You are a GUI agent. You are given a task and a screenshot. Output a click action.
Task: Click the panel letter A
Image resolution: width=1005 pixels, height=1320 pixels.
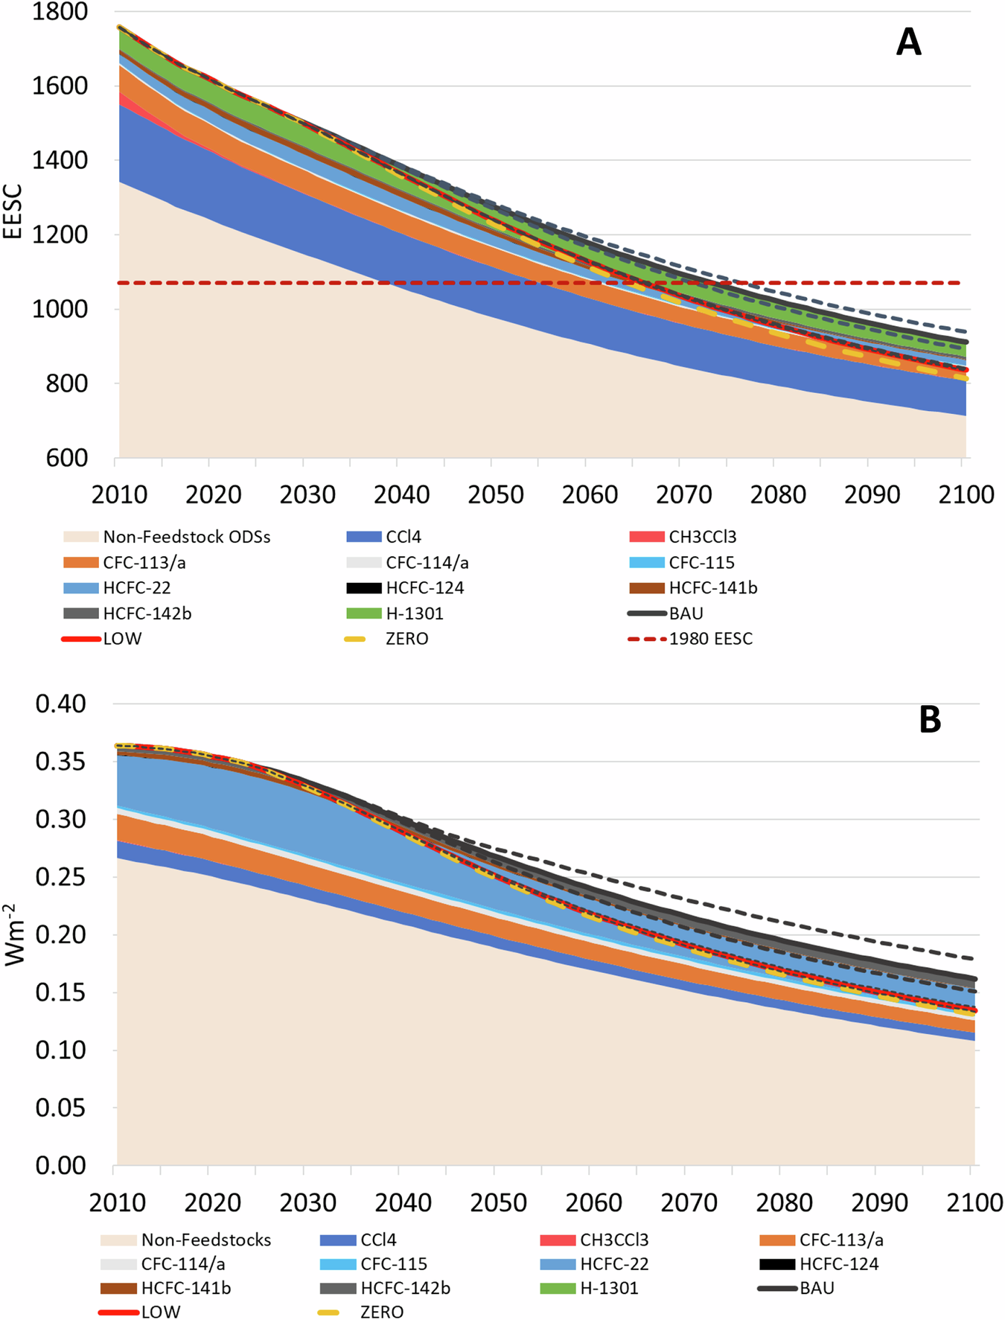pos(908,43)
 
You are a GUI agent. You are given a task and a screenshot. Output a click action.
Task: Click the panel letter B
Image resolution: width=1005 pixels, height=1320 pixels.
pos(930,720)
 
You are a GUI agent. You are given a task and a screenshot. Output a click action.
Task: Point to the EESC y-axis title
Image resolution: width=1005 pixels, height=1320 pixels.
pos(13,212)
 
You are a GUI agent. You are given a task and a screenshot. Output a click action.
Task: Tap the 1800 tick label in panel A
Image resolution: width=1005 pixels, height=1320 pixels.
pos(60,12)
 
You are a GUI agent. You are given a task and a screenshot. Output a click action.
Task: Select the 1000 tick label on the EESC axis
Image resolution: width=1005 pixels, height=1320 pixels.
pos(60,309)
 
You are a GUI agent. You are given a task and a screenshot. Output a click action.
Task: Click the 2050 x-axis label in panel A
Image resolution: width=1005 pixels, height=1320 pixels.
pos(496,495)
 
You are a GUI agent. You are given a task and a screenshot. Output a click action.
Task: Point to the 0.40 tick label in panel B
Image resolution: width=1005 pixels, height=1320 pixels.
pos(60,704)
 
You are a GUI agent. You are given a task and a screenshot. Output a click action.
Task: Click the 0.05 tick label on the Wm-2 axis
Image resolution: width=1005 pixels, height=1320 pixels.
pos(60,1108)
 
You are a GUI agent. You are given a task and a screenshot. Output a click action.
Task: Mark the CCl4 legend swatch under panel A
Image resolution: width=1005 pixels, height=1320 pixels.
pos(364,537)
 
